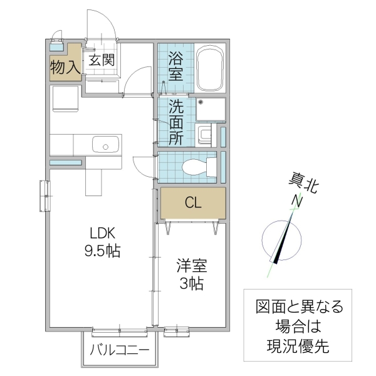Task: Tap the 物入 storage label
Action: pyautogui.click(x=65, y=66)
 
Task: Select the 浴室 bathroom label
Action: pyautogui.click(x=175, y=66)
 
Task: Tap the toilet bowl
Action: pyautogui.click(x=194, y=167)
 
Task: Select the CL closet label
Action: pyautogui.click(x=192, y=202)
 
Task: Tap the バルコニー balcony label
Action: pyautogui.click(x=120, y=350)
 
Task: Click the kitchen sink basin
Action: pyautogui.click(x=104, y=145)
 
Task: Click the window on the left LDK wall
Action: pyautogui.click(x=44, y=196)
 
